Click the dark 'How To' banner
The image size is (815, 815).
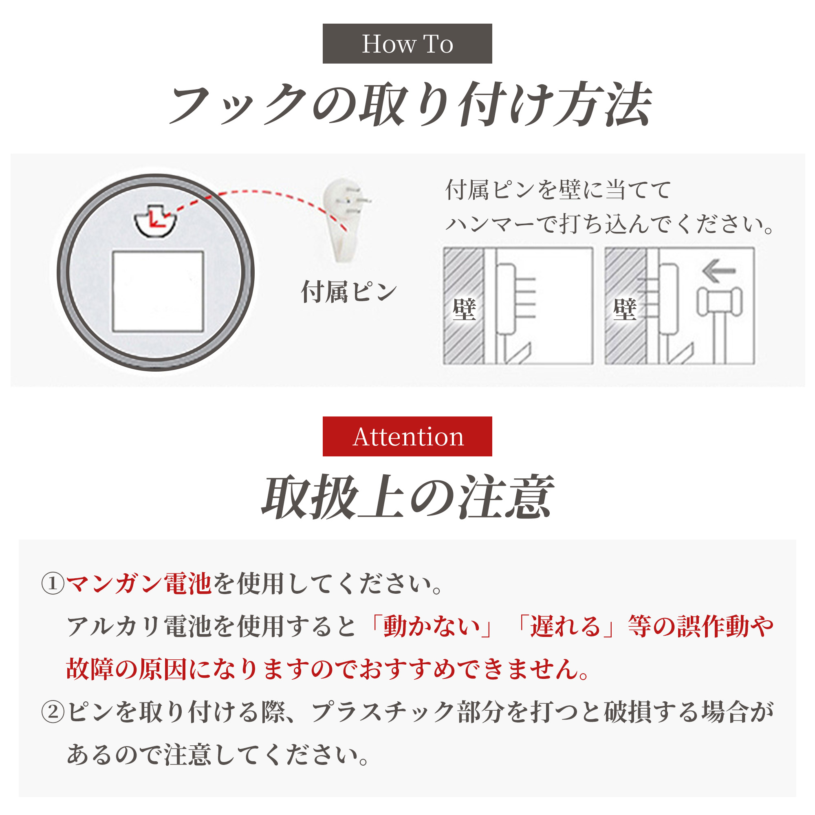point(407,44)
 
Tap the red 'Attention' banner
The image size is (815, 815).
point(407,436)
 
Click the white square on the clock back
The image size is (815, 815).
point(158,291)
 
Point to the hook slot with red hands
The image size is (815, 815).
point(155,220)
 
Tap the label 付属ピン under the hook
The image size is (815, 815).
point(349,292)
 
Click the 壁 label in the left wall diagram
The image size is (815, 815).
point(464,309)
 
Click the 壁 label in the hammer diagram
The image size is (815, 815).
point(625,309)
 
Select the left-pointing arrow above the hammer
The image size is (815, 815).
point(719,271)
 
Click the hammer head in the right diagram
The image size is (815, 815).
point(719,302)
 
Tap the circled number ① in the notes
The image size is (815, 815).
point(53,584)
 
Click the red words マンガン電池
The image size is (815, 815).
point(139,584)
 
